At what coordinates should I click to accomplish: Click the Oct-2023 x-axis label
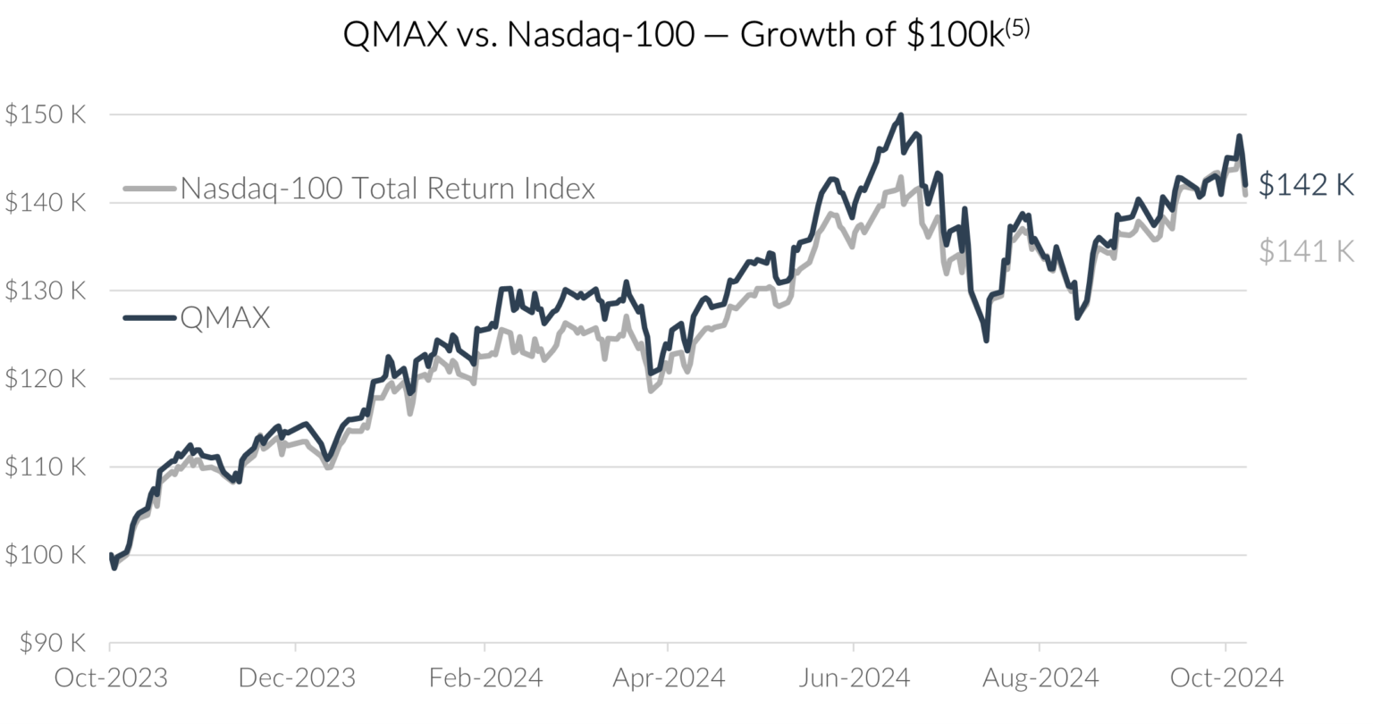[110, 678]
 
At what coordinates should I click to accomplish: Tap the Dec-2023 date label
[296, 678]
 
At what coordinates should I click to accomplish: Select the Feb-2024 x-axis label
[484, 678]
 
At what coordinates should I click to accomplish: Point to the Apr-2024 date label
[668, 678]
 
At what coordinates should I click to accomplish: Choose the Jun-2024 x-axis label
[854, 678]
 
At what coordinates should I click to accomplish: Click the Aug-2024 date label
[1040, 678]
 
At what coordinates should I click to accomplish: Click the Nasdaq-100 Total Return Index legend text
[387, 189]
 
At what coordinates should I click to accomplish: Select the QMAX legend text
[225, 317]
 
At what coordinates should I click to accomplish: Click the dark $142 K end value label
[1306, 184]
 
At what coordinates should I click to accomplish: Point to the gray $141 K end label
[1306, 251]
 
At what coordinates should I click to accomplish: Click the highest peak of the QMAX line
[900, 115]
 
